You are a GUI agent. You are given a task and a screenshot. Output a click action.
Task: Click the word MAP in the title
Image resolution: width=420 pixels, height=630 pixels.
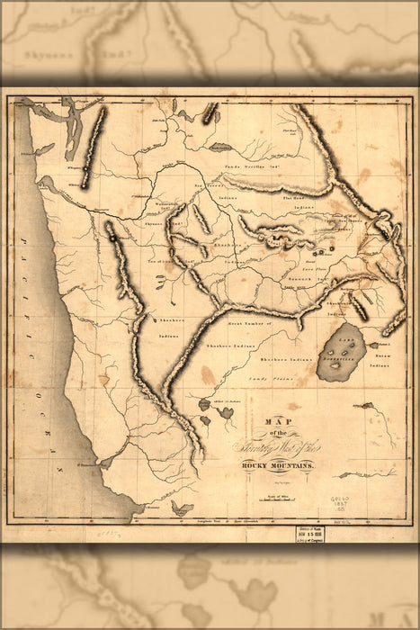pos(280,419)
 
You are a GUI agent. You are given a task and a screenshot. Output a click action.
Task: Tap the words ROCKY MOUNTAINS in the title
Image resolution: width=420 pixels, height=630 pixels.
pos(276,464)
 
